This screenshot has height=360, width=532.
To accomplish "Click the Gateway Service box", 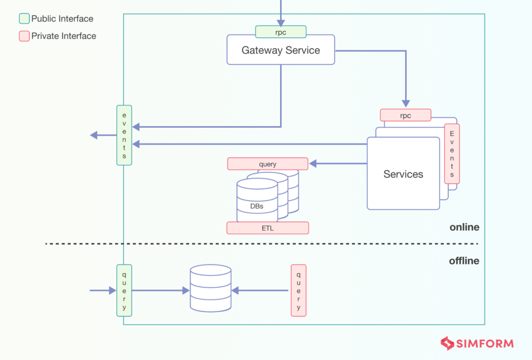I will click(x=281, y=50).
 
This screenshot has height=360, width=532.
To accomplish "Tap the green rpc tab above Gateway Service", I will click(x=281, y=32).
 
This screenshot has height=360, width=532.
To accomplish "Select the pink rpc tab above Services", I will click(x=405, y=115).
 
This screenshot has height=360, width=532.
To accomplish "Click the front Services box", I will click(x=403, y=174).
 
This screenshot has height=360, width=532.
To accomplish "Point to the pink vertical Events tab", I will click(x=452, y=154).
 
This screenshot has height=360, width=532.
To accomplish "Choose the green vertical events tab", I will click(x=124, y=135).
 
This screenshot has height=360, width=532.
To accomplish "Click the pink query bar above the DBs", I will click(x=268, y=164).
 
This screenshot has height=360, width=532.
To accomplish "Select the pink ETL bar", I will click(x=268, y=228).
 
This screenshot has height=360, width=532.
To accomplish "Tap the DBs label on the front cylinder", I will click(x=256, y=206).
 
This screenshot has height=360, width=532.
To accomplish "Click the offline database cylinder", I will click(x=210, y=288).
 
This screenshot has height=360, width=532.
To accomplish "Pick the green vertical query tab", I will click(x=124, y=290).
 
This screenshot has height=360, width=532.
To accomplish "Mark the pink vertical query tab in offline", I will click(x=298, y=290).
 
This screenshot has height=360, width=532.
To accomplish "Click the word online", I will click(x=464, y=228).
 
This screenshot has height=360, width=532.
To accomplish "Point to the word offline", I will click(x=464, y=261).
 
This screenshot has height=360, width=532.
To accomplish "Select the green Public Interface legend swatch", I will click(x=24, y=19).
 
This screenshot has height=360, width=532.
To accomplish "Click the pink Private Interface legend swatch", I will click(x=24, y=36).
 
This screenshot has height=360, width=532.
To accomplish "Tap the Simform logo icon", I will click(x=447, y=343).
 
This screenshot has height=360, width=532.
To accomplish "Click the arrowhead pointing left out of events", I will click(x=94, y=135).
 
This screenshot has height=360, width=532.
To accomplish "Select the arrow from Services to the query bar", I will click(x=338, y=164).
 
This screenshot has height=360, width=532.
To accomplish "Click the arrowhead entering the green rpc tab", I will click(x=281, y=22).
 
